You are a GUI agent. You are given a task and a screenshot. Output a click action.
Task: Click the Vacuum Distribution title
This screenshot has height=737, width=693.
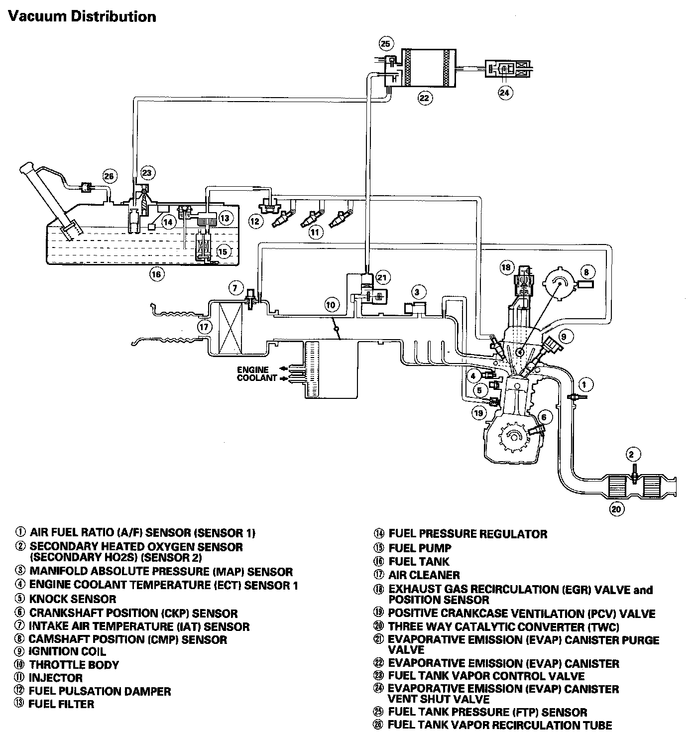coord(82,16)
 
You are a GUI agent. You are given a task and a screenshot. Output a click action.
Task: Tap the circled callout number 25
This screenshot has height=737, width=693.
coord(386,44)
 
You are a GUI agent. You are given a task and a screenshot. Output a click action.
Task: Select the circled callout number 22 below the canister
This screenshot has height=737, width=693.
coord(424,98)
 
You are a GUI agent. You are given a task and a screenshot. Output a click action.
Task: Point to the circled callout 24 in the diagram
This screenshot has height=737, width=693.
coord(505,92)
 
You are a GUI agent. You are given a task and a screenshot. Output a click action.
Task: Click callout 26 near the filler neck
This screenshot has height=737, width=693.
coord(110,176)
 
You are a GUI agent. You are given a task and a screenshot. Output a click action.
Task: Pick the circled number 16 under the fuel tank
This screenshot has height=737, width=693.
coord(157,273)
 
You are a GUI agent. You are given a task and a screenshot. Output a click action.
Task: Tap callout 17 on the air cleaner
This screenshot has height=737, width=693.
coord(204,327)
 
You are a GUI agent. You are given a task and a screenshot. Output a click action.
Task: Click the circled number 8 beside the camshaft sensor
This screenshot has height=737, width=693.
coord(586,272)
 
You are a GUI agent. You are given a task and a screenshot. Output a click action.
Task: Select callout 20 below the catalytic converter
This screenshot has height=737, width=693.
coord(616,509)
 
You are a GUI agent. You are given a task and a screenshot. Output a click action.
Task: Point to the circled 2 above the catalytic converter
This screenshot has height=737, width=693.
coord(631,454)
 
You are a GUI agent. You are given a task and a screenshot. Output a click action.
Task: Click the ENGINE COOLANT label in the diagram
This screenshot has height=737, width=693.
coord(257,374)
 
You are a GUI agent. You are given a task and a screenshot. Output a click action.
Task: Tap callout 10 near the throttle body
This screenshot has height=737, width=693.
coord(331,304)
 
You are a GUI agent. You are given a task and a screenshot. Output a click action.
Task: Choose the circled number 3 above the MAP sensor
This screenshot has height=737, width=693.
coord(418,292)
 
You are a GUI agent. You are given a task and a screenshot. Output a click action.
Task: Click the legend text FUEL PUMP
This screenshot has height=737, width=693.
coord(420,548)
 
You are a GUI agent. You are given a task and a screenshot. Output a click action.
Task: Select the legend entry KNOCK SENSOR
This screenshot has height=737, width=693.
coord(72,599)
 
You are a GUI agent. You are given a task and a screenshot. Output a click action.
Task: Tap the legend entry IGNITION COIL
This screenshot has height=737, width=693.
coord(67,651)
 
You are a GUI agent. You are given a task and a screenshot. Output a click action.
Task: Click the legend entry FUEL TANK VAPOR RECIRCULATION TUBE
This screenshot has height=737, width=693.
coord(499,726)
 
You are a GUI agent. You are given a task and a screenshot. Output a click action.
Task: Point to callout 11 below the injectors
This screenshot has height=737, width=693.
coord(315,232)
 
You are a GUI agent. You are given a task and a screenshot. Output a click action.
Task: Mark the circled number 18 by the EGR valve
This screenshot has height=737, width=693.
coord(506,267)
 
